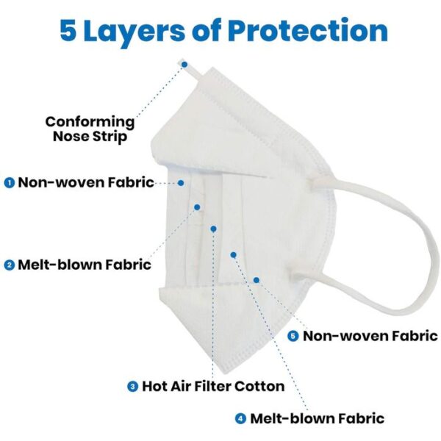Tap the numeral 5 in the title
pos(68,31)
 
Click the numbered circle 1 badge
pos(10,183)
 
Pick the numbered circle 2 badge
pos(10,265)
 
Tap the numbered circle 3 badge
pos(132,386)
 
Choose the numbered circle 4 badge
pos(240,418)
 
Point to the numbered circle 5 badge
pos(293,336)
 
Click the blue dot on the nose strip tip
pos(184,65)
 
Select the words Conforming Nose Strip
pos(90,129)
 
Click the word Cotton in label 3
pos(259,386)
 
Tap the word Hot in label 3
pos(154,386)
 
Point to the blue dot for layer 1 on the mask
pos(181,183)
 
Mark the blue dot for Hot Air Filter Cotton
pos(213,229)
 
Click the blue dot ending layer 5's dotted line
pos(257,280)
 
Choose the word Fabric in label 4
pos(362,418)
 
